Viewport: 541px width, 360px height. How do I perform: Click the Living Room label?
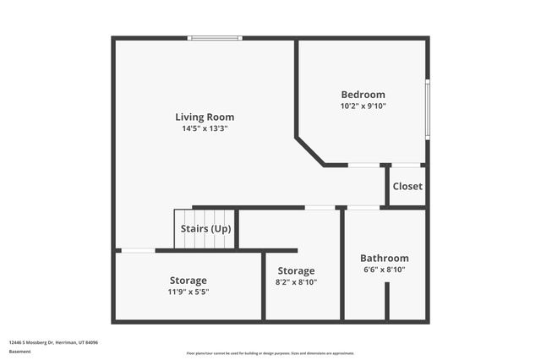[x=205, y=117]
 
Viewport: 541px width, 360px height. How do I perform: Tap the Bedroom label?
[x=363, y=95]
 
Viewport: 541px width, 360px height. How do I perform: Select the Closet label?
[x=407, y=186]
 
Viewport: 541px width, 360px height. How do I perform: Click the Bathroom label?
[x=384, y=259]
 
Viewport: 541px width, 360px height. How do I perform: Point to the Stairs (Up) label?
[x=205, y=229]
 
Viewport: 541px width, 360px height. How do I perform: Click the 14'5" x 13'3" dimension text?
[x=205, y=128]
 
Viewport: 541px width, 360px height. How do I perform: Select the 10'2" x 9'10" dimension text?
[x=363, y=106]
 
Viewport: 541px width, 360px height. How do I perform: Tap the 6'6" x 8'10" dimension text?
[x=384, y=270]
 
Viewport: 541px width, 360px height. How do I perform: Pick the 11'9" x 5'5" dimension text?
[x=188, y=292]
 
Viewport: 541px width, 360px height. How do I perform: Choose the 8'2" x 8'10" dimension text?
[x=297, y=282]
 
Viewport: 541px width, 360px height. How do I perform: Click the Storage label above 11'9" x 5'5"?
[x=188, y=280]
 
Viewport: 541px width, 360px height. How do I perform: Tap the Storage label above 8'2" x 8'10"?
[x=297, y=270]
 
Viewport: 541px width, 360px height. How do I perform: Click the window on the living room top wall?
[x=215, y=38]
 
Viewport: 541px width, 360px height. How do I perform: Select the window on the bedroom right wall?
[x=428, y=108]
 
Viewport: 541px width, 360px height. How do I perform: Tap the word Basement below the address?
[x=19, y=351]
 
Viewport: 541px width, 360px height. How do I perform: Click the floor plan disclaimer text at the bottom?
[x=270, y=353]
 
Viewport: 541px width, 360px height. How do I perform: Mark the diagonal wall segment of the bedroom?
[x=309, y=151]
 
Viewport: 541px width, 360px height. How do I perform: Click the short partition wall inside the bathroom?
[x=387, y=301]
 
